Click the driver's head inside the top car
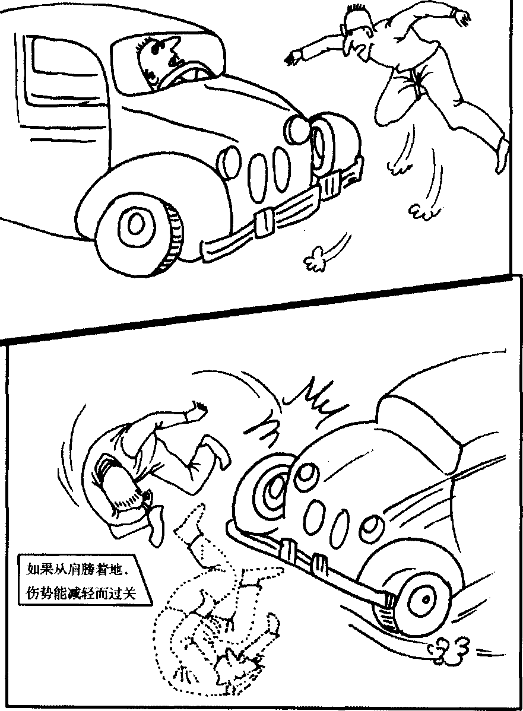tap(158, 61)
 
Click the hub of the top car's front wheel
tap(134, 224)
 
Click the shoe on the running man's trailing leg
tap(501, 154)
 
